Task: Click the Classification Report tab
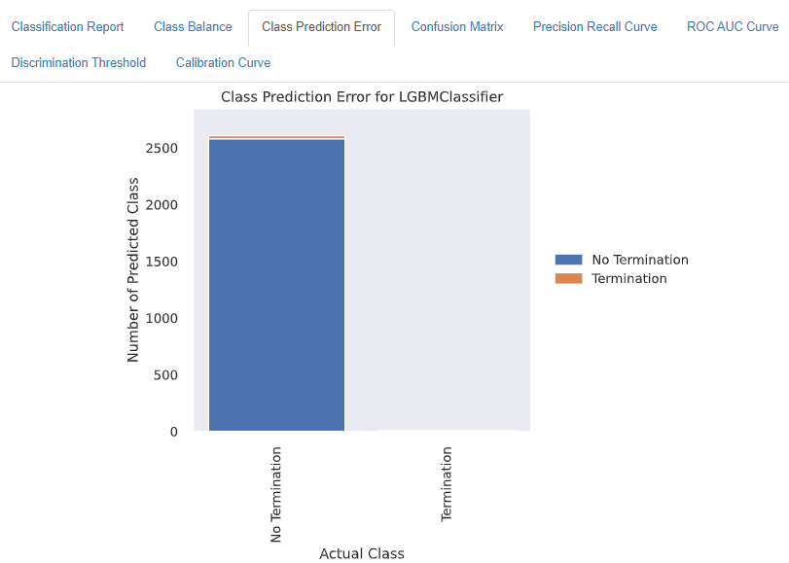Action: (x=67, y=26)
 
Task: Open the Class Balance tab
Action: (x=193, y=26)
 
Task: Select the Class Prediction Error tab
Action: (x=322, y=26)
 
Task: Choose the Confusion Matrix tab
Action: (x=457, y=26)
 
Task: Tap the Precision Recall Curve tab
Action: (x=594, y=26)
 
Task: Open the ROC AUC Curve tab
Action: (x=733, y=26)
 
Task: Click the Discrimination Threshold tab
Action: (x=79, y=63)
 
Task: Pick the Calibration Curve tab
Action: (x=223, y=63)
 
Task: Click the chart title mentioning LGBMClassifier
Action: (x=362, y=96)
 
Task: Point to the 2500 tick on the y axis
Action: (x=161, y=149)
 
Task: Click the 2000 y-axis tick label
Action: (x=161, y=205)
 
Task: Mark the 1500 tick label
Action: (x=161, y=263)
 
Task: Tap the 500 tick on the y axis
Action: (x=165, y=375)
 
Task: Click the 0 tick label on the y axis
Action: (x=173, y=432)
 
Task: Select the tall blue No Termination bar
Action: (x=276, y=285)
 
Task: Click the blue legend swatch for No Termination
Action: (x=568, y=260)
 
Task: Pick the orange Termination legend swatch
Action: (x=568, y=278)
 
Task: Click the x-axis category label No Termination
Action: (x=275, y=495)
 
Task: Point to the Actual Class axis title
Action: (x=362, y=553)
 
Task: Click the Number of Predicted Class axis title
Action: (x=132, y=269)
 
